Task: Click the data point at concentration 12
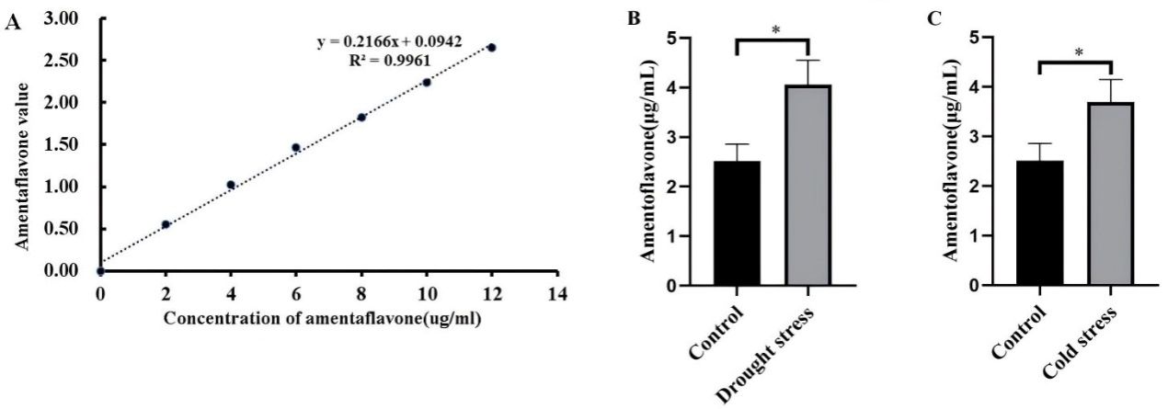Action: click(492, 47)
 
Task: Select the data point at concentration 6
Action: click(296, 147)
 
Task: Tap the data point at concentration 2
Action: click(166, 224)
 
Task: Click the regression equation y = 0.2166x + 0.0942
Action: click(402, 43)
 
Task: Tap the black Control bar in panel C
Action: click(1039, 223)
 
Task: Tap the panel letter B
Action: click(634, 17)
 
